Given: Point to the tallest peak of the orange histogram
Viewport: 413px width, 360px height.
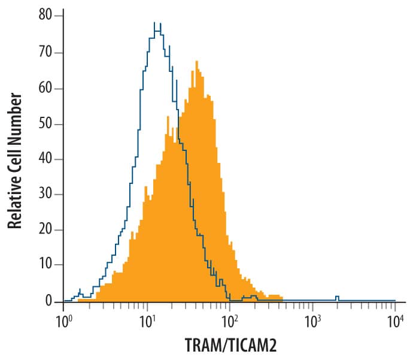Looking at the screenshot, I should pos(196,61).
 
